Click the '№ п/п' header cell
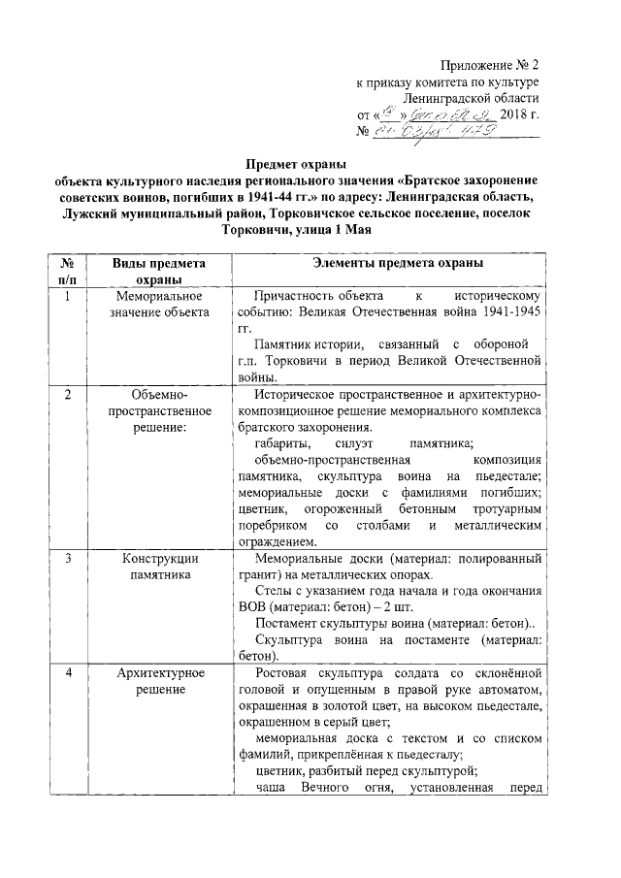click(x=69, y=271)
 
